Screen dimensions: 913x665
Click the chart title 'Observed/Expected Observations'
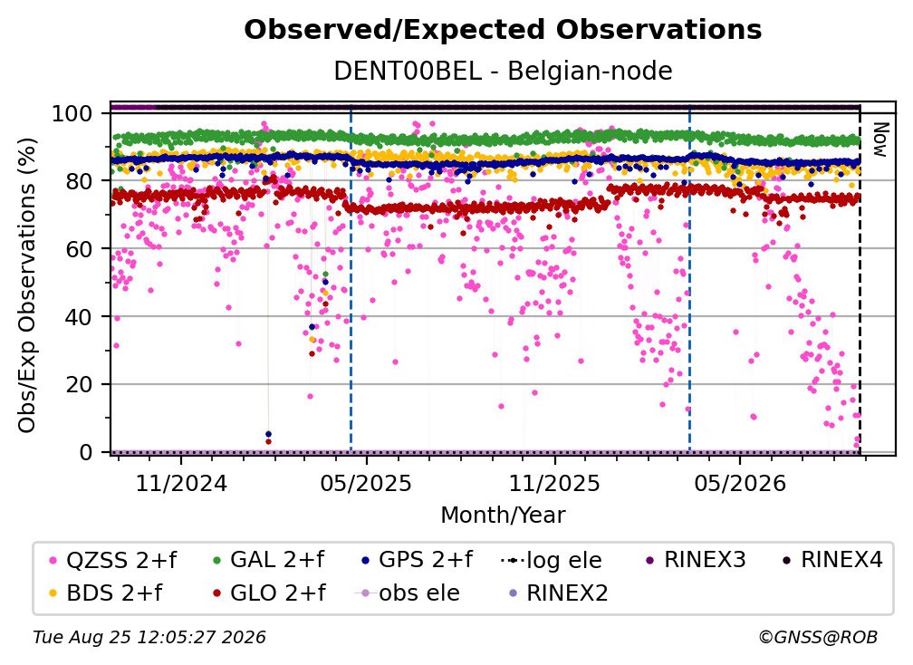coord(503,30)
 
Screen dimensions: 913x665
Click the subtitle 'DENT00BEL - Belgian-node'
coord(503,71)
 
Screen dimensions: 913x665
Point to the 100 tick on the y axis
coord(72,113)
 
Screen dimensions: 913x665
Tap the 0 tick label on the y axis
coord(86,452)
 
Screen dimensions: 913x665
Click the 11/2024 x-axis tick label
coord(181,483)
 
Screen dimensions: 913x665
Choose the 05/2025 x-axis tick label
coord(366,483)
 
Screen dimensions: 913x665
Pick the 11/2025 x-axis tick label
coord(554,483)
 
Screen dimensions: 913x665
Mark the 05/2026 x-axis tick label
coord(739,483)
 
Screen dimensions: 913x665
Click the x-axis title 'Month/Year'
coord(503,516)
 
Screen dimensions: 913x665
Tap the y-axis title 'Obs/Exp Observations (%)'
coord(27,284)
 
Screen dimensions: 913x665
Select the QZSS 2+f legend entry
coord(112,560)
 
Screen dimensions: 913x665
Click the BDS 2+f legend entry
coord(106,593)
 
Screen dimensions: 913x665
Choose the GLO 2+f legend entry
coord(269,593)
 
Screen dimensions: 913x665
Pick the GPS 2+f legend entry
coord(417,560)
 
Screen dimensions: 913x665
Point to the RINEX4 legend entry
coord(832,560)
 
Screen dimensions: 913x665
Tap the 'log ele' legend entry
coord(552,561)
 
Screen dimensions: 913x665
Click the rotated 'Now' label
coord(879,140)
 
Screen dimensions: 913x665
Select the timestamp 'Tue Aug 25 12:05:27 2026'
coord(149,638)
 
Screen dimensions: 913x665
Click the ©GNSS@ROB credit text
coord(818,638)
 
